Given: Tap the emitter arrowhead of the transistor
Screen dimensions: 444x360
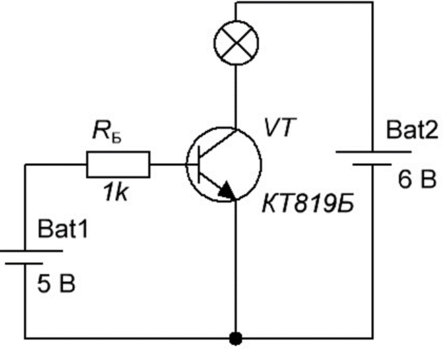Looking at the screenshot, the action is [x=227, y=189].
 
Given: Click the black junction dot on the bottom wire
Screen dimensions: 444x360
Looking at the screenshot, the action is [x=236, y=338].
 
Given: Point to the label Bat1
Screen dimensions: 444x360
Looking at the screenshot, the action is [x=63, y=229].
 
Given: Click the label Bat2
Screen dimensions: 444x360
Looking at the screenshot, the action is [x=412, y=130].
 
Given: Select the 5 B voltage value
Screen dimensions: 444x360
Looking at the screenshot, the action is [x=57, y=284].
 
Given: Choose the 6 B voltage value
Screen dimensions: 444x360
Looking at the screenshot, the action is [x=417, y=179].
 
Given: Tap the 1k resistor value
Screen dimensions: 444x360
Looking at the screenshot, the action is [x=117, y=192].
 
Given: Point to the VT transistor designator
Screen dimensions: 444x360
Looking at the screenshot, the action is [x=280, y=127].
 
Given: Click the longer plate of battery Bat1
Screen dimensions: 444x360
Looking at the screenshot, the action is [x=31, y=251].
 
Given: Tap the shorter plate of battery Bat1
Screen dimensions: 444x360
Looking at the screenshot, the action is [x=24, y=264].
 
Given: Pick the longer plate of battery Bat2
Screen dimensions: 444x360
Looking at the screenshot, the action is [x=373, y=152].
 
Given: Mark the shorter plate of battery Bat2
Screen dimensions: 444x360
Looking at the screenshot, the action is [x=372, y=164].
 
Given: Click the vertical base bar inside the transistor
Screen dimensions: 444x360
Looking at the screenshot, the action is [x=199, y=164].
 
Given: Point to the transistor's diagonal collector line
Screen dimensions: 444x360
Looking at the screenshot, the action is [x=218, y=143].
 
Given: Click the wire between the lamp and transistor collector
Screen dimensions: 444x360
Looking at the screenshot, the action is [x=235, y=97].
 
